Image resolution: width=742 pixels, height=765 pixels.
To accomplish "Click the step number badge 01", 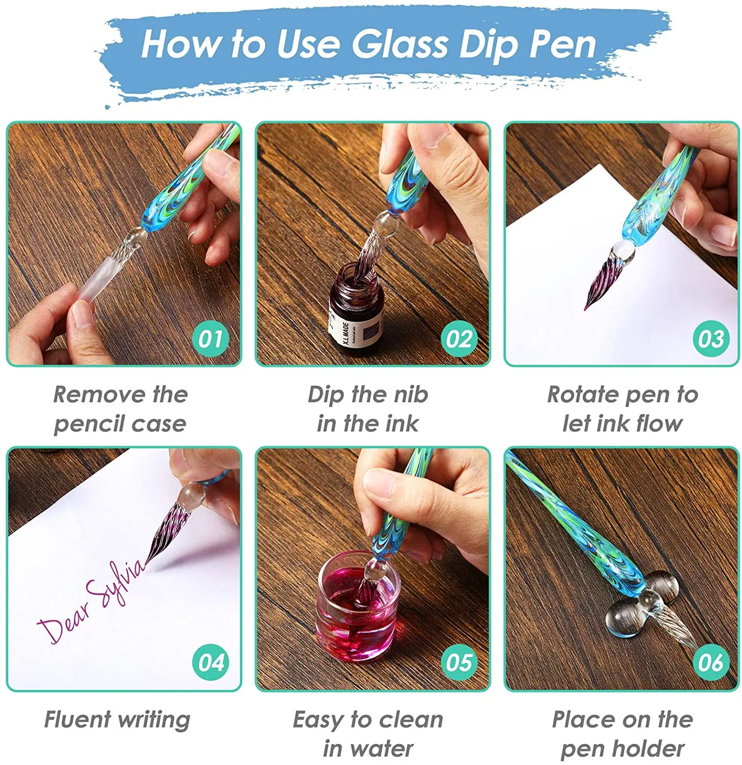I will click(x=211, y=339).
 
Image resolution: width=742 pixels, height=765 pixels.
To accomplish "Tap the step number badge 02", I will click(x=459, y=339).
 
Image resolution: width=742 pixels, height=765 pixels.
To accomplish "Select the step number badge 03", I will click(x=711, y=339).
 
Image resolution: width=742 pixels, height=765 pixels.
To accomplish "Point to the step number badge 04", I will click(x=211, y=662).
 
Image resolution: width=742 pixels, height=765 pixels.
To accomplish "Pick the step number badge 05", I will click(x=459, y=662).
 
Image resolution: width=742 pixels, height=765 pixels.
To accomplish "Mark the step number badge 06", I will click(x=711, y=662).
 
